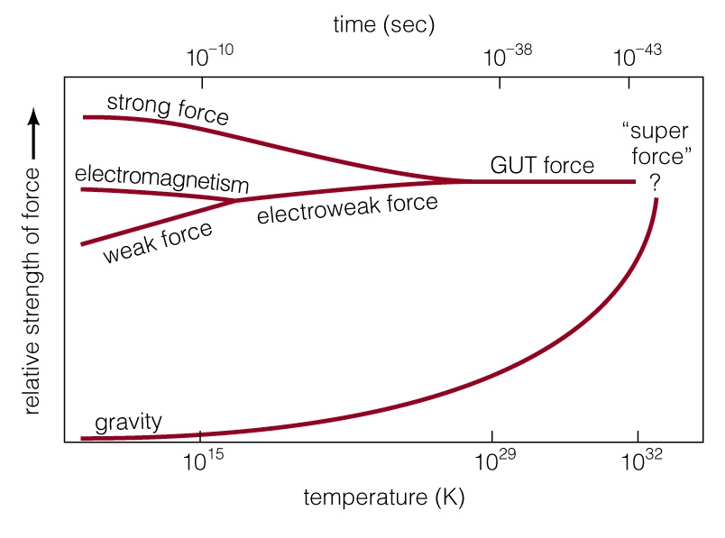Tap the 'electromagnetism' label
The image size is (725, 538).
[161, 177]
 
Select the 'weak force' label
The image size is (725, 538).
[158, 242]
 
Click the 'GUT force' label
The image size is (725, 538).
[541, 165]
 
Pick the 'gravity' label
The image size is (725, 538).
[129, 421]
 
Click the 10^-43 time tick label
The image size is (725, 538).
[637, 56]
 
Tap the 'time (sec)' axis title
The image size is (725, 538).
[383, 24]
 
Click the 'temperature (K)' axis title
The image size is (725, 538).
[384, 497]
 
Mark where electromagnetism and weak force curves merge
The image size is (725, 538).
[236, 200]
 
